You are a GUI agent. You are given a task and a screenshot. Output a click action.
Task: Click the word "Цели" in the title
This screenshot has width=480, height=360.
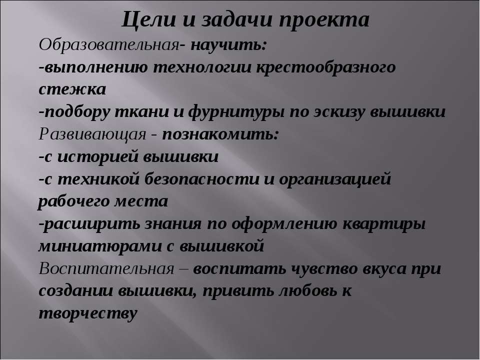coord(149,20)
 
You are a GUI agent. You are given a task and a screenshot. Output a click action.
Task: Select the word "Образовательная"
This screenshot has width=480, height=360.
coord(109,45)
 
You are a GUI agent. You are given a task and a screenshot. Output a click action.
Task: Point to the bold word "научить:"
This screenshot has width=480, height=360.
coord(229,45)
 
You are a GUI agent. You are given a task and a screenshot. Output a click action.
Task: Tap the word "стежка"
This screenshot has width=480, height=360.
coord(72,89)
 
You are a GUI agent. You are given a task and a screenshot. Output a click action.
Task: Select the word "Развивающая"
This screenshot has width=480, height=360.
coord(92,134)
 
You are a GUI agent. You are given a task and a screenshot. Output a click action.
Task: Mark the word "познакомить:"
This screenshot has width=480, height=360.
coord(220,134)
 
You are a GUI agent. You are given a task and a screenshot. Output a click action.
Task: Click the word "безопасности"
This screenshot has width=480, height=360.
coord(201,179)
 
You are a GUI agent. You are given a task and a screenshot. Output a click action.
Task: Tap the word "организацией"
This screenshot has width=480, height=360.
coord(335,179)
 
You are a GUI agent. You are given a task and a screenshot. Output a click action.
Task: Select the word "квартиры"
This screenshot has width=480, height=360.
coord(384,224)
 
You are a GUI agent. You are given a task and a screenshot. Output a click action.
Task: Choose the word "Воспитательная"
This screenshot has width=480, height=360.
coord(106,269)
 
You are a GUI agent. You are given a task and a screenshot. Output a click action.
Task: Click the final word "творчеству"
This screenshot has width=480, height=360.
coord(87,313)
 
